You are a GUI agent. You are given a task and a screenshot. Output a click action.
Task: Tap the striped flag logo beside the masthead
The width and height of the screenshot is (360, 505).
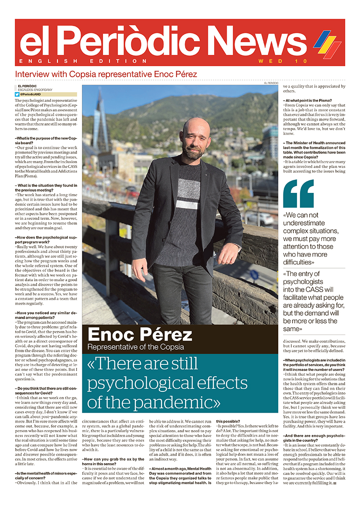coord(327,44)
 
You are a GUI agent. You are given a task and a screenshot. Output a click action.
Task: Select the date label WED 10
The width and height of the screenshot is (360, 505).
coord(283,61)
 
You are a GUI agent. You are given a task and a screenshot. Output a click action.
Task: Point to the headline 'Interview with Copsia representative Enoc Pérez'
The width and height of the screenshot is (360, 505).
coord(106,74)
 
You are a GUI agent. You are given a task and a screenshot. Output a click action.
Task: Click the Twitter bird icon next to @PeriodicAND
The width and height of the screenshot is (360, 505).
coord(17,94)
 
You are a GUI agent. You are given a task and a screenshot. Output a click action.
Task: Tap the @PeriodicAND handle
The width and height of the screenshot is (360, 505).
coord(30,94)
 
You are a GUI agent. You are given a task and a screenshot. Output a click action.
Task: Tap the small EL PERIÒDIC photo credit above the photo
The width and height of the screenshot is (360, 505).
coord(271,83)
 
